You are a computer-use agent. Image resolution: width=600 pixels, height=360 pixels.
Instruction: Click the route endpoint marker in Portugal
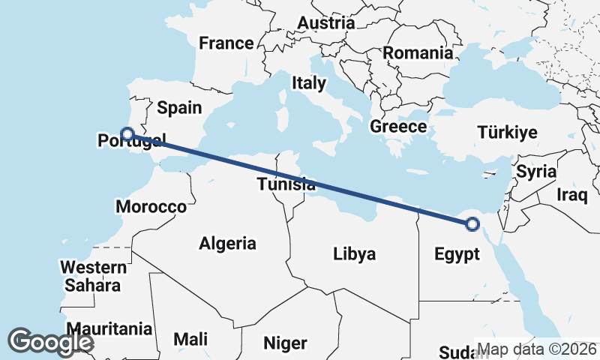[x=127, y=134]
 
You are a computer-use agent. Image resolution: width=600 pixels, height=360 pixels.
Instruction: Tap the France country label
[x=226, y=43]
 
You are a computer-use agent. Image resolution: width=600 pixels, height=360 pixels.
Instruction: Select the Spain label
[x=179, y=108]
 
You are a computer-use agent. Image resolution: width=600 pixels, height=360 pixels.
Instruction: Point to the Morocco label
[x=151, y=206]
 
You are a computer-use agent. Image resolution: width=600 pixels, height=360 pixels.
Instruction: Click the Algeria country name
[x=227, y=243]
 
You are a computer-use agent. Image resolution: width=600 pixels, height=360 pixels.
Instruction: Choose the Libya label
[x=354, y=254]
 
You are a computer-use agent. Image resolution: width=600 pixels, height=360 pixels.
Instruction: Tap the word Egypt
[x=457, y=254]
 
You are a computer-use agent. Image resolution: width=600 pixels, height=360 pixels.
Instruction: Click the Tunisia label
[x=286, y=184]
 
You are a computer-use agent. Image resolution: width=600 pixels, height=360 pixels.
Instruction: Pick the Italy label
[x=309, y=82]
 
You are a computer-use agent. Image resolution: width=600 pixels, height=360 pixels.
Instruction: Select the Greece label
[x=398, y=127]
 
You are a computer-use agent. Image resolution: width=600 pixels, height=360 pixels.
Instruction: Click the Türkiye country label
[x=508, y=133]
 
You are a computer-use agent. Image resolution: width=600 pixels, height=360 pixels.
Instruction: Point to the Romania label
[x=418, y=53]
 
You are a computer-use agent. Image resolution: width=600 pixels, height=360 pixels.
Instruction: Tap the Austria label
[x=325, y=23]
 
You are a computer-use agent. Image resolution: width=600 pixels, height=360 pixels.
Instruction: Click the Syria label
[x=536, y=172]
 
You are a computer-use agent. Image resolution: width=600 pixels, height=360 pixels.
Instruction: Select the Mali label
[x=190, y=339]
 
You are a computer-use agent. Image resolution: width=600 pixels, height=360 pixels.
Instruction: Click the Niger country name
[x=285, y=343]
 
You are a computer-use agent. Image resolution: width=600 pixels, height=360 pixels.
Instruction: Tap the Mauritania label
[x=109, y=328]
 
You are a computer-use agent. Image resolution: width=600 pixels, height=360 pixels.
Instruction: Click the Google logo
[x=50, y=342]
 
